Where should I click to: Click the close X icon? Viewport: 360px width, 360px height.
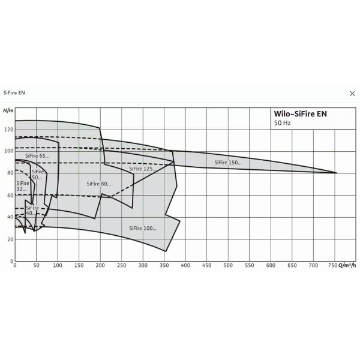(352, 93)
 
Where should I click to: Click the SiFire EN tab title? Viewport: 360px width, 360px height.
(14, 93)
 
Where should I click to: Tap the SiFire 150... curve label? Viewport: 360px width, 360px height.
(228, 162)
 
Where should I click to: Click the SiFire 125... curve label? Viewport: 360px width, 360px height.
(143, 169)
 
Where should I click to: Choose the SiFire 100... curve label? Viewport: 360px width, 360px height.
(143, 228)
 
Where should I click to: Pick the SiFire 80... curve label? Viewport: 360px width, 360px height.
(99, 184)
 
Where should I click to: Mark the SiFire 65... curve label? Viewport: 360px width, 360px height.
(37, 156)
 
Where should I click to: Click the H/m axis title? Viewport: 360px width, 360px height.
(7, 111)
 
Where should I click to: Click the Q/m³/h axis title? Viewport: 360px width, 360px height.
(347, 265)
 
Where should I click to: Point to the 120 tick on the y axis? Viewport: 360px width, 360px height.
(8, 129)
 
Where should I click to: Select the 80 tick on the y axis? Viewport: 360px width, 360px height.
(9, 173)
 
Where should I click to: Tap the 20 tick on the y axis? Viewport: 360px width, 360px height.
(9, 239)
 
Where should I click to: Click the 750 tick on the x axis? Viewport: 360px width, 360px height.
(334, 265)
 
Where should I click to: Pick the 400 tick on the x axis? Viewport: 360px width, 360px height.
(185, 265)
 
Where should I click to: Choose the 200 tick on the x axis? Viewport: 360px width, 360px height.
(100, 265)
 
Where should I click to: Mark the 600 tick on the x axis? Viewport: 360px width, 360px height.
(270, 265)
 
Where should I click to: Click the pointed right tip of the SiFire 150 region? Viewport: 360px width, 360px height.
(336, 173)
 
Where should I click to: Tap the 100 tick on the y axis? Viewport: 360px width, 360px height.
(8, 151)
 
